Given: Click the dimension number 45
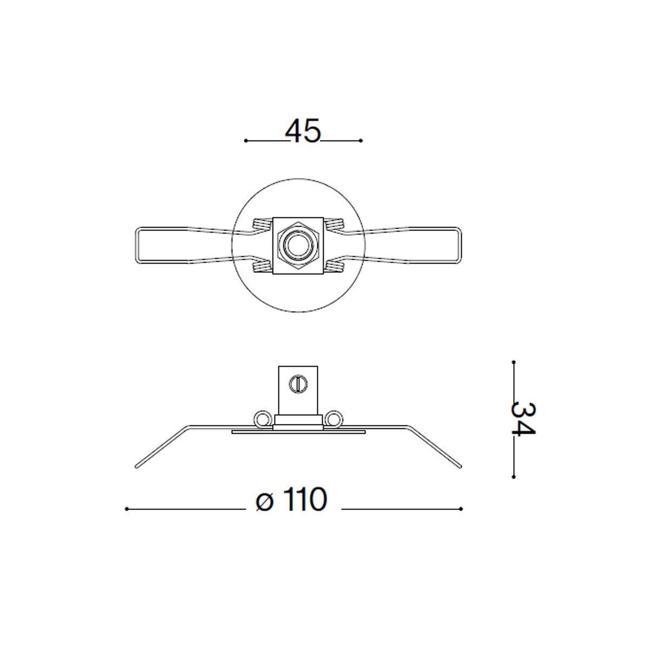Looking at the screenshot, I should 303,131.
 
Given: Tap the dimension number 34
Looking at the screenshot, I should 523,419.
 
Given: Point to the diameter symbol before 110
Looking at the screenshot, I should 264,501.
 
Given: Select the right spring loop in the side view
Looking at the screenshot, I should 334,419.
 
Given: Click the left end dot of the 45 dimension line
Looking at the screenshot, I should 246,141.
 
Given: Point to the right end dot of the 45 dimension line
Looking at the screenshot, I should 361,141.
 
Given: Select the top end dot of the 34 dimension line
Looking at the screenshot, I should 514,362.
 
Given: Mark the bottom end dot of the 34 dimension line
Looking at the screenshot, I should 514,477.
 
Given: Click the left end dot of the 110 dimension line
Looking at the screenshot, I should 126,509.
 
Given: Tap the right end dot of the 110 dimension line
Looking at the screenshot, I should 461,509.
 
